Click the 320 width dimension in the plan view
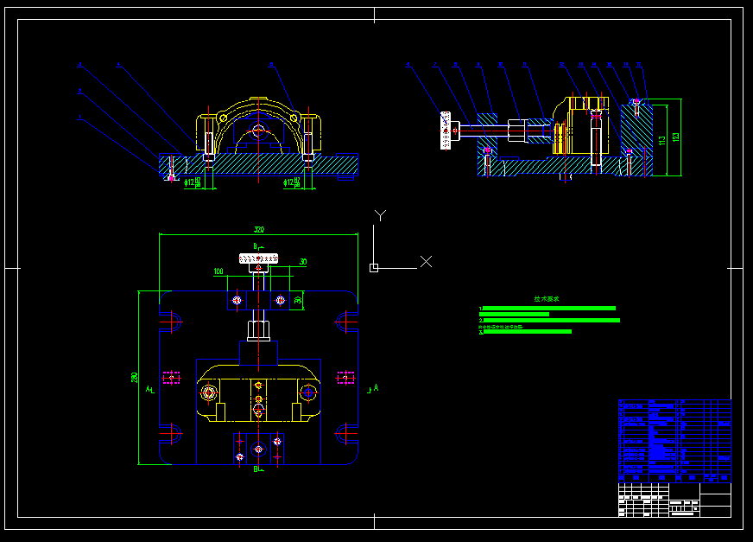[x=258, y=230]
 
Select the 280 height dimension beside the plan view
[x=135, y=378]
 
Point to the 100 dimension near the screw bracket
[x=218, y=271]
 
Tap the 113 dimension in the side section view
[x=661, y=138]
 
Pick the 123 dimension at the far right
[x=675, y=137]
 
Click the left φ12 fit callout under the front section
[x=192, y=182]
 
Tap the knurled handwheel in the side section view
[x=446, y=131]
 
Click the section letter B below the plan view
[x=256, y=469]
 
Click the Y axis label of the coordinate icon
[x=380, y=214]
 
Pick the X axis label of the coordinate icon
[x=425, y=261]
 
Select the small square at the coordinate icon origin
[x=373, y=268]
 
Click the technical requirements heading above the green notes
[x=546, y=299]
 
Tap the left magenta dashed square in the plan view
[x=172, y=378]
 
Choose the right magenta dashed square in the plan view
[x=345, y=378]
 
